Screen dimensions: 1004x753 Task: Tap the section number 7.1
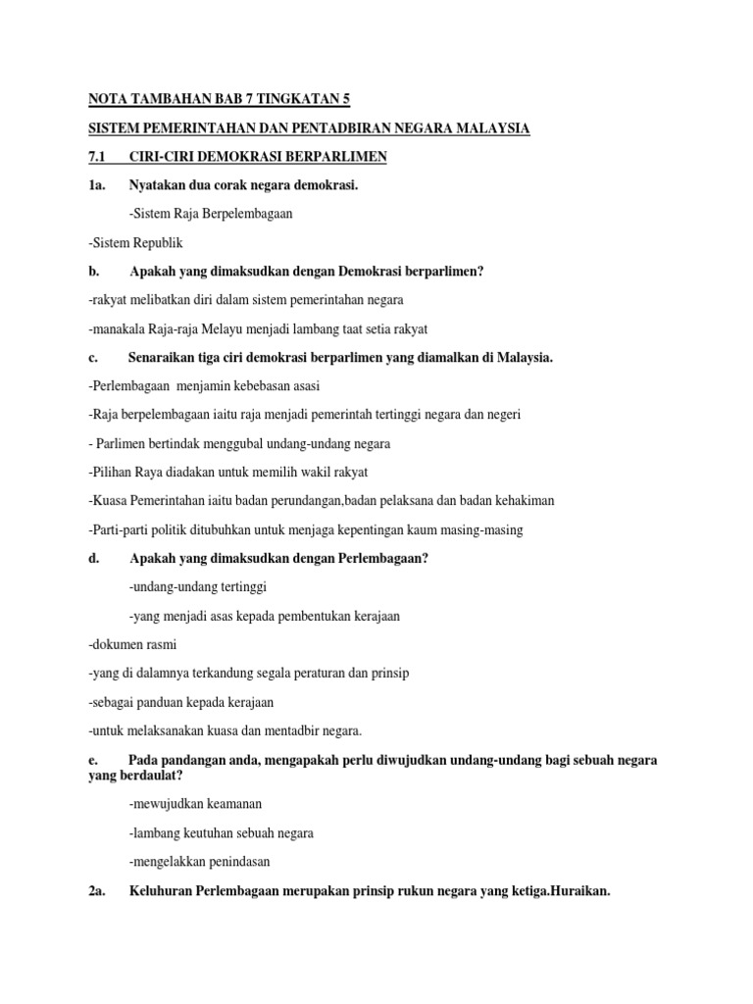97,157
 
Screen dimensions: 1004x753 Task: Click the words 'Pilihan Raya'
125,472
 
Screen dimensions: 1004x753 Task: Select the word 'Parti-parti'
119,529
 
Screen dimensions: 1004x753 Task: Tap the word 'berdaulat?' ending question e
152,776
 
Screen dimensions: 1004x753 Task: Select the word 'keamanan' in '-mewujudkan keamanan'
233,804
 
